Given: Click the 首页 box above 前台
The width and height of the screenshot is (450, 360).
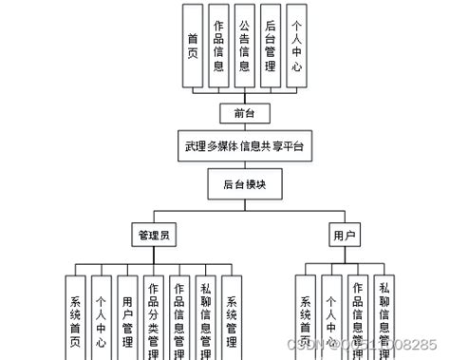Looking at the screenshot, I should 193,46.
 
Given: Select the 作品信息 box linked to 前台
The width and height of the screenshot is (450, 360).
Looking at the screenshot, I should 219,46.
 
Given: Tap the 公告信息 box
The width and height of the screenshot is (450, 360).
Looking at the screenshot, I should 246,46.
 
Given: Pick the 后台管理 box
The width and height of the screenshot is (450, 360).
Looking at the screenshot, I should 272,46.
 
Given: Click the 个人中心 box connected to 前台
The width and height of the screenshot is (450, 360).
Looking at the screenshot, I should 298,46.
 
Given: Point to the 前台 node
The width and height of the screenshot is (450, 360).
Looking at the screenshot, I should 245,113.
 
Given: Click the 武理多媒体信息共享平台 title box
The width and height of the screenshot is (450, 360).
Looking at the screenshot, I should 245,147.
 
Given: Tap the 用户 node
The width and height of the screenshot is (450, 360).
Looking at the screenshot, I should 344,233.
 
